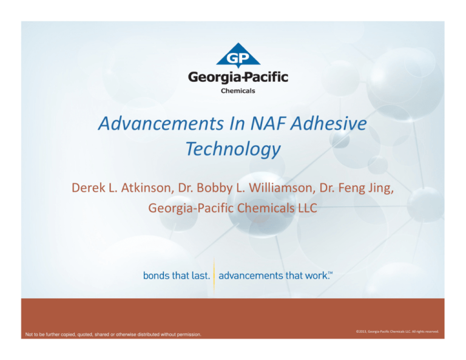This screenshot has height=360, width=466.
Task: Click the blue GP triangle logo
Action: pos(238,55)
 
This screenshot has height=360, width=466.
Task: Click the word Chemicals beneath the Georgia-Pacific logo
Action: pos(238,91)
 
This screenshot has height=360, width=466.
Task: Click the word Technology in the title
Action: pos(233,149)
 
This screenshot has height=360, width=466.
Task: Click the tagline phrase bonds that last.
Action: pos(177,276)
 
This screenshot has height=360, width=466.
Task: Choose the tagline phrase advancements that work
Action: pos(271,276)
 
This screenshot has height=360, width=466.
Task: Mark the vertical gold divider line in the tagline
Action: pos(214,276)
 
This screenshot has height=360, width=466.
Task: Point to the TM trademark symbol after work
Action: pos(331,273)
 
